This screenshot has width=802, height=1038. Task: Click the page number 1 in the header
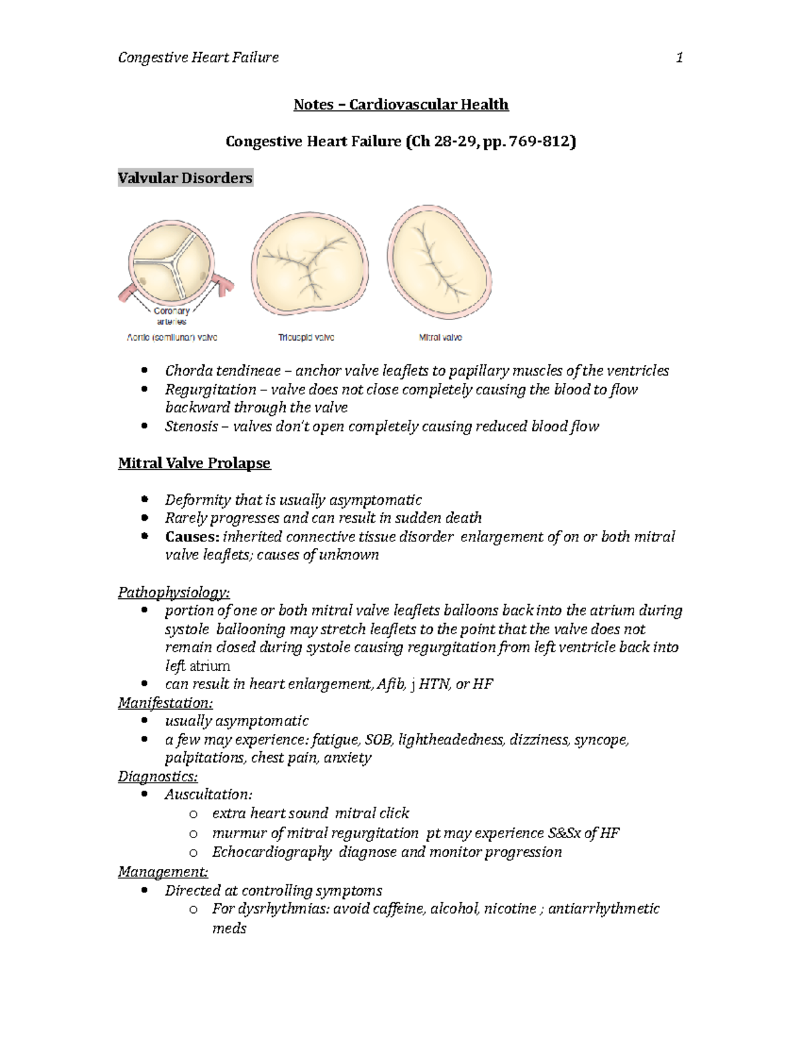click(679, 57)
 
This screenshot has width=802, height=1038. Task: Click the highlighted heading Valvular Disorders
click(185, 178)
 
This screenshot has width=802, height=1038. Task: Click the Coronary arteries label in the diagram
click(172, 315)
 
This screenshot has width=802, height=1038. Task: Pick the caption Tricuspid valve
click(306, 338)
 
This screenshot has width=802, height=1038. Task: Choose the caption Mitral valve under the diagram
click(440, 338)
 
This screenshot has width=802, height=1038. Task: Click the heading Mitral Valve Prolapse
click(194, 463)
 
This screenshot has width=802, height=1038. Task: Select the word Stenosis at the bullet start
click(191, 426)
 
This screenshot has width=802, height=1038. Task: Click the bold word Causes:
click(191, 537)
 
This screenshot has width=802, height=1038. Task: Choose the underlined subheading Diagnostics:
click(158, 776)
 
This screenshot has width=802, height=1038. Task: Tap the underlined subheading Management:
click(163, 872)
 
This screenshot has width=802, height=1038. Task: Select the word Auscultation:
click(209, 795)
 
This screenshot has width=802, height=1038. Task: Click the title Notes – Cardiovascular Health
click(401, 104)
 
